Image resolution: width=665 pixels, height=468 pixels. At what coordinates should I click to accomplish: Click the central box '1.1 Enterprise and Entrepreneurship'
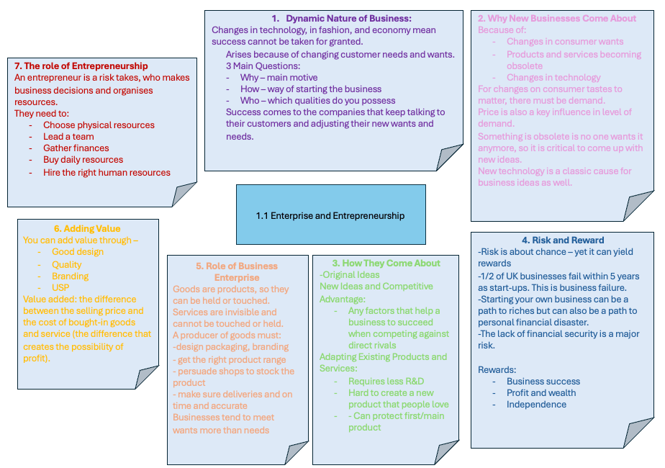coord(331,215)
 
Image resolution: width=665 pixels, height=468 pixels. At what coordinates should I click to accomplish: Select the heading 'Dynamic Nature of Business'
coord(348,19)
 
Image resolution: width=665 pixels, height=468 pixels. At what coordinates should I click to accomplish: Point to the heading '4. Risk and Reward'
coord(563,240)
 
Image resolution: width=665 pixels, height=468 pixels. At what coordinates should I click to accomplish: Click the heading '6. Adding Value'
coord(87,229)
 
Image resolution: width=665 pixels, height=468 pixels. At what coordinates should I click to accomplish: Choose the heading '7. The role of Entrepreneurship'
coord(81,66)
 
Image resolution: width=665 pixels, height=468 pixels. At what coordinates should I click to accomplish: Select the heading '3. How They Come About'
coord(386,264)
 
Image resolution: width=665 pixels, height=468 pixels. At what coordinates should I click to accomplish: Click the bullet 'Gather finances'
coord(76,148)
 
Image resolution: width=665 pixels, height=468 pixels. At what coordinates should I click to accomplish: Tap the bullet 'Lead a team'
coord(68,137)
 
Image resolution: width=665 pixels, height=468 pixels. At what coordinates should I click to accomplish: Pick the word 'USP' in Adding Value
coord(60,288)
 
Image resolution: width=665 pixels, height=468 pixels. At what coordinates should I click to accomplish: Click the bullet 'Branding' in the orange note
coord(70,276)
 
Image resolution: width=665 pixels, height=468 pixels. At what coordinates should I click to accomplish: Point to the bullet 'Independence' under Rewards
coord(536,405)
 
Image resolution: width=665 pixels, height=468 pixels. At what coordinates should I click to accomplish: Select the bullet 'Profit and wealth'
coord(541,393)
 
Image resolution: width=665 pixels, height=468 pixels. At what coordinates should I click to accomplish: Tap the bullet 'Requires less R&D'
coord(386,382)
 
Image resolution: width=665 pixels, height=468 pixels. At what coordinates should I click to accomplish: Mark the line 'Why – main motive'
coord(279,78)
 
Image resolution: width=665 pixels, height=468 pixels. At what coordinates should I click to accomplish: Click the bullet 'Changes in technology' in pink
coord(553,78)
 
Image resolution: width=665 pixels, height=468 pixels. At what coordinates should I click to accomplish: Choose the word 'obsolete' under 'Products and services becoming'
coord(525,66)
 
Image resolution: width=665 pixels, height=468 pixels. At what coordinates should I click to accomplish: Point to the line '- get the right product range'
coord(229,360)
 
